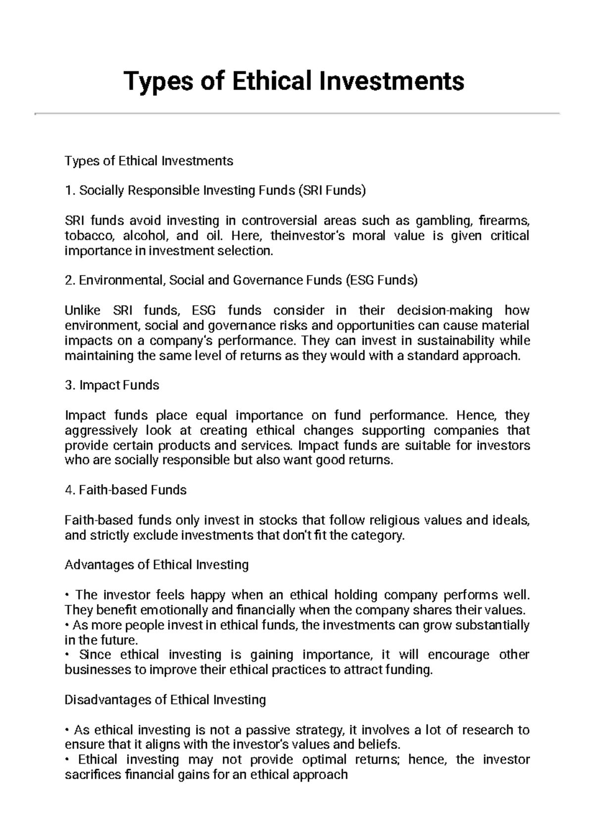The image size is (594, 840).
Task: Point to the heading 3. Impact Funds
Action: pos(112,385)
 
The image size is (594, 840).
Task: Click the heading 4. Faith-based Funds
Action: pos(126,490)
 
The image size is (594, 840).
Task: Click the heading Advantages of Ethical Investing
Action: pos(156,565)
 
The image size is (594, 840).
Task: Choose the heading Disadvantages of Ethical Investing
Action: pos(165,700)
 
